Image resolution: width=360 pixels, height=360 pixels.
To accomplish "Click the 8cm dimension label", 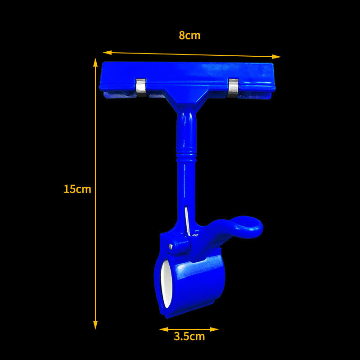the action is tap(189, 36).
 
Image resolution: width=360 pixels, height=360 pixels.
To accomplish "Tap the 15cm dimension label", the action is tap(77, 189).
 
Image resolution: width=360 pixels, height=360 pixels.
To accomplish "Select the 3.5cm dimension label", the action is tap(189, 336).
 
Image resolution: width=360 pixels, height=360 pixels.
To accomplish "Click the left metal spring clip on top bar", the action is tap(141, 87).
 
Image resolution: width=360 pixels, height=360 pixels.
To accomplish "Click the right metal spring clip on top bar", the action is tap(233, 88).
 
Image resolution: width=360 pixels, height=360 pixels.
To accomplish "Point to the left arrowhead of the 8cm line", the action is tap(107, 53).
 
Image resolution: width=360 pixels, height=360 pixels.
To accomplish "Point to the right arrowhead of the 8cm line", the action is tap(276, 57).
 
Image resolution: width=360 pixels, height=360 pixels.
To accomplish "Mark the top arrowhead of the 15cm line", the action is tap(95, 62).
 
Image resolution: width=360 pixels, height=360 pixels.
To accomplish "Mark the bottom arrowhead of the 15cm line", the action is tap(95, 325).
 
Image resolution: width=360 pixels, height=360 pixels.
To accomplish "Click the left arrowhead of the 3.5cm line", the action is tap(163, 329).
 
